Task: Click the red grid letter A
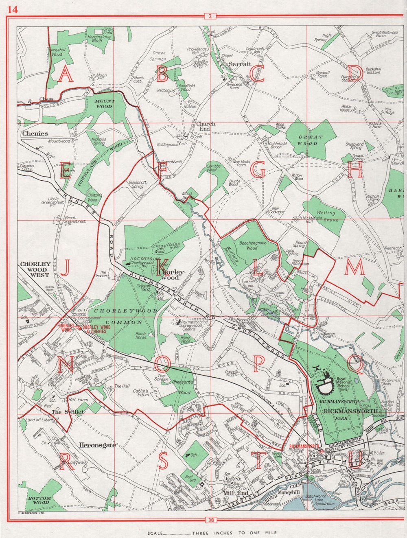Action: [66, 74]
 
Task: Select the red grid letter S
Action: [163, 461]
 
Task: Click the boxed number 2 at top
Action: [209, 16]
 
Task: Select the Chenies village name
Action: [35, 133]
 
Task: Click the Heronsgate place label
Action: [98, 445]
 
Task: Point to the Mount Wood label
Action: [105, 103]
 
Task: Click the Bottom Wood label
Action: [39, 500]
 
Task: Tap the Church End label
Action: [206, 127]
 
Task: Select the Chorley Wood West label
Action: [35, 269]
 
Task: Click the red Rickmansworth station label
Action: [304, 446]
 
